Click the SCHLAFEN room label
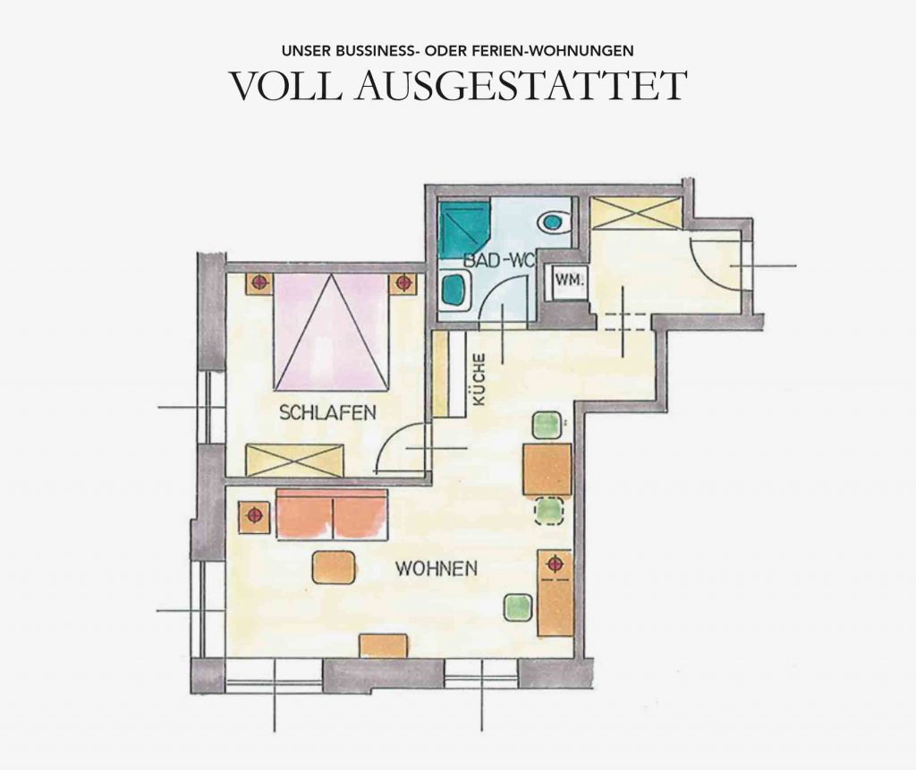point(327,412)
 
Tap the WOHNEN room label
point(437,569)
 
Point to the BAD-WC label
point(498,260)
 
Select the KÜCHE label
point(479,380)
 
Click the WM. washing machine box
point(568,282)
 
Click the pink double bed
point(331,332)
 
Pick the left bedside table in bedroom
point(260,283)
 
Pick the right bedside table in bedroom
point(403,283)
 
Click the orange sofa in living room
point(331,515)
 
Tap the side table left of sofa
point(254,516)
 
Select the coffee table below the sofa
point(335,567)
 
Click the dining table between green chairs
point(547,470)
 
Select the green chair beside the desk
point(518,608)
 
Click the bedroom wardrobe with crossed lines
point(293,461)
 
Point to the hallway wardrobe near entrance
point(636,214)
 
